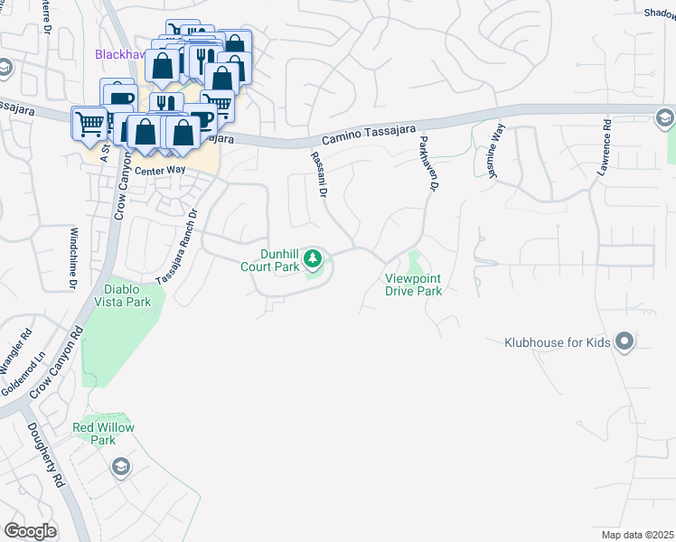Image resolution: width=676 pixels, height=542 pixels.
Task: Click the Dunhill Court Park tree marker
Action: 314,260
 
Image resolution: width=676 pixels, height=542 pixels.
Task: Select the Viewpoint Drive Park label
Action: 414,285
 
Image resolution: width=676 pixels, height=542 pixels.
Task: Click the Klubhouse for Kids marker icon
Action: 624,341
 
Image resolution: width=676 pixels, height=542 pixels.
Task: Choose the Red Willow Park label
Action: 95,434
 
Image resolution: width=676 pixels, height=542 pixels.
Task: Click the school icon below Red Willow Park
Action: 121,466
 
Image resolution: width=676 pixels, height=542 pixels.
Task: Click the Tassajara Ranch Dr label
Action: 177,247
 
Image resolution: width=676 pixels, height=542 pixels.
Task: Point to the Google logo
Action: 30,530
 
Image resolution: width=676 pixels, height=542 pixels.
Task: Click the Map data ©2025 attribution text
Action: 637,535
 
